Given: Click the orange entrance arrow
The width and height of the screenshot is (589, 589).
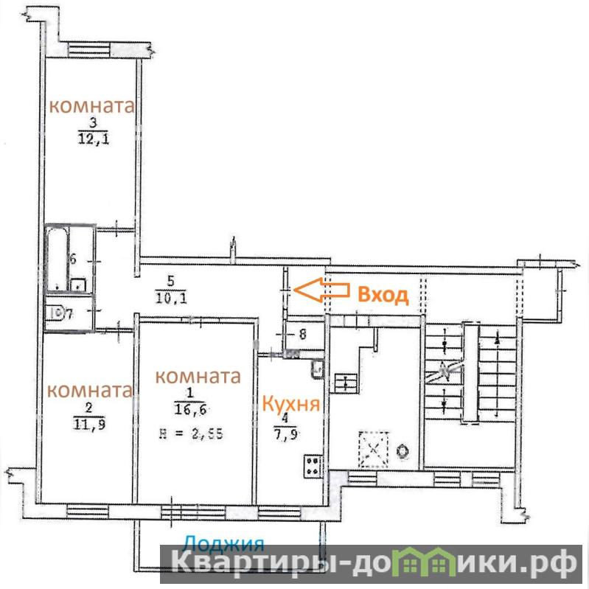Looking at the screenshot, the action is click(321, 290).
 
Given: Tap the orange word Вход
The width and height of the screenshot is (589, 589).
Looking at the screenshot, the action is click(383, 295).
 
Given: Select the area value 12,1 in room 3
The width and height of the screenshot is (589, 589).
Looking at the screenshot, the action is click(94, 139).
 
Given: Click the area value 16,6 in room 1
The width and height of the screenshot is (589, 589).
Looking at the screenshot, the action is click(190, 408).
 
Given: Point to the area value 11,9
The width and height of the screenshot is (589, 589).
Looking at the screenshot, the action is click(89, 424).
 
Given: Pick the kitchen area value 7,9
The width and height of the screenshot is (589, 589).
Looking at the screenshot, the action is click(286, 434).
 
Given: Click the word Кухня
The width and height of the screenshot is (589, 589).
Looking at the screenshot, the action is click(290, 405).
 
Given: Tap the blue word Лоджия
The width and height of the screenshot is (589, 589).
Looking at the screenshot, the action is click(223, 544).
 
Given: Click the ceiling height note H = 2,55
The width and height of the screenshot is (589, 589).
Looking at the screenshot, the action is click(191, 434).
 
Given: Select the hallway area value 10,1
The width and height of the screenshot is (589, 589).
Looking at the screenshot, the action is click(171, 297).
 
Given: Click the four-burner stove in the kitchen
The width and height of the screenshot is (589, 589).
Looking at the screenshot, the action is click(313, 466).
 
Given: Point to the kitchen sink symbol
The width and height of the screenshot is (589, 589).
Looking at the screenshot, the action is click(316, 369).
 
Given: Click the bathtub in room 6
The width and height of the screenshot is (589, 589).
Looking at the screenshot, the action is click(57, 259).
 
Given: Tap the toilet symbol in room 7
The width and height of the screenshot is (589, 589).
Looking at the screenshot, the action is click(54, 313).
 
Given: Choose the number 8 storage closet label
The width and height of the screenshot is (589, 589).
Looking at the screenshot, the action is click(303, 334).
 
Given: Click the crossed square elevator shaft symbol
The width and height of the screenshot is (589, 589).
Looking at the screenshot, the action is click(374, 449).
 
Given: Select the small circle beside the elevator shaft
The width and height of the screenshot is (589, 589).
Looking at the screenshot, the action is click(402, 451).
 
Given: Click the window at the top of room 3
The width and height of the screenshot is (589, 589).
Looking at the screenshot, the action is click(89, 50).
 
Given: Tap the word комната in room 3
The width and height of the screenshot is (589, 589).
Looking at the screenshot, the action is click(91, 106).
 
